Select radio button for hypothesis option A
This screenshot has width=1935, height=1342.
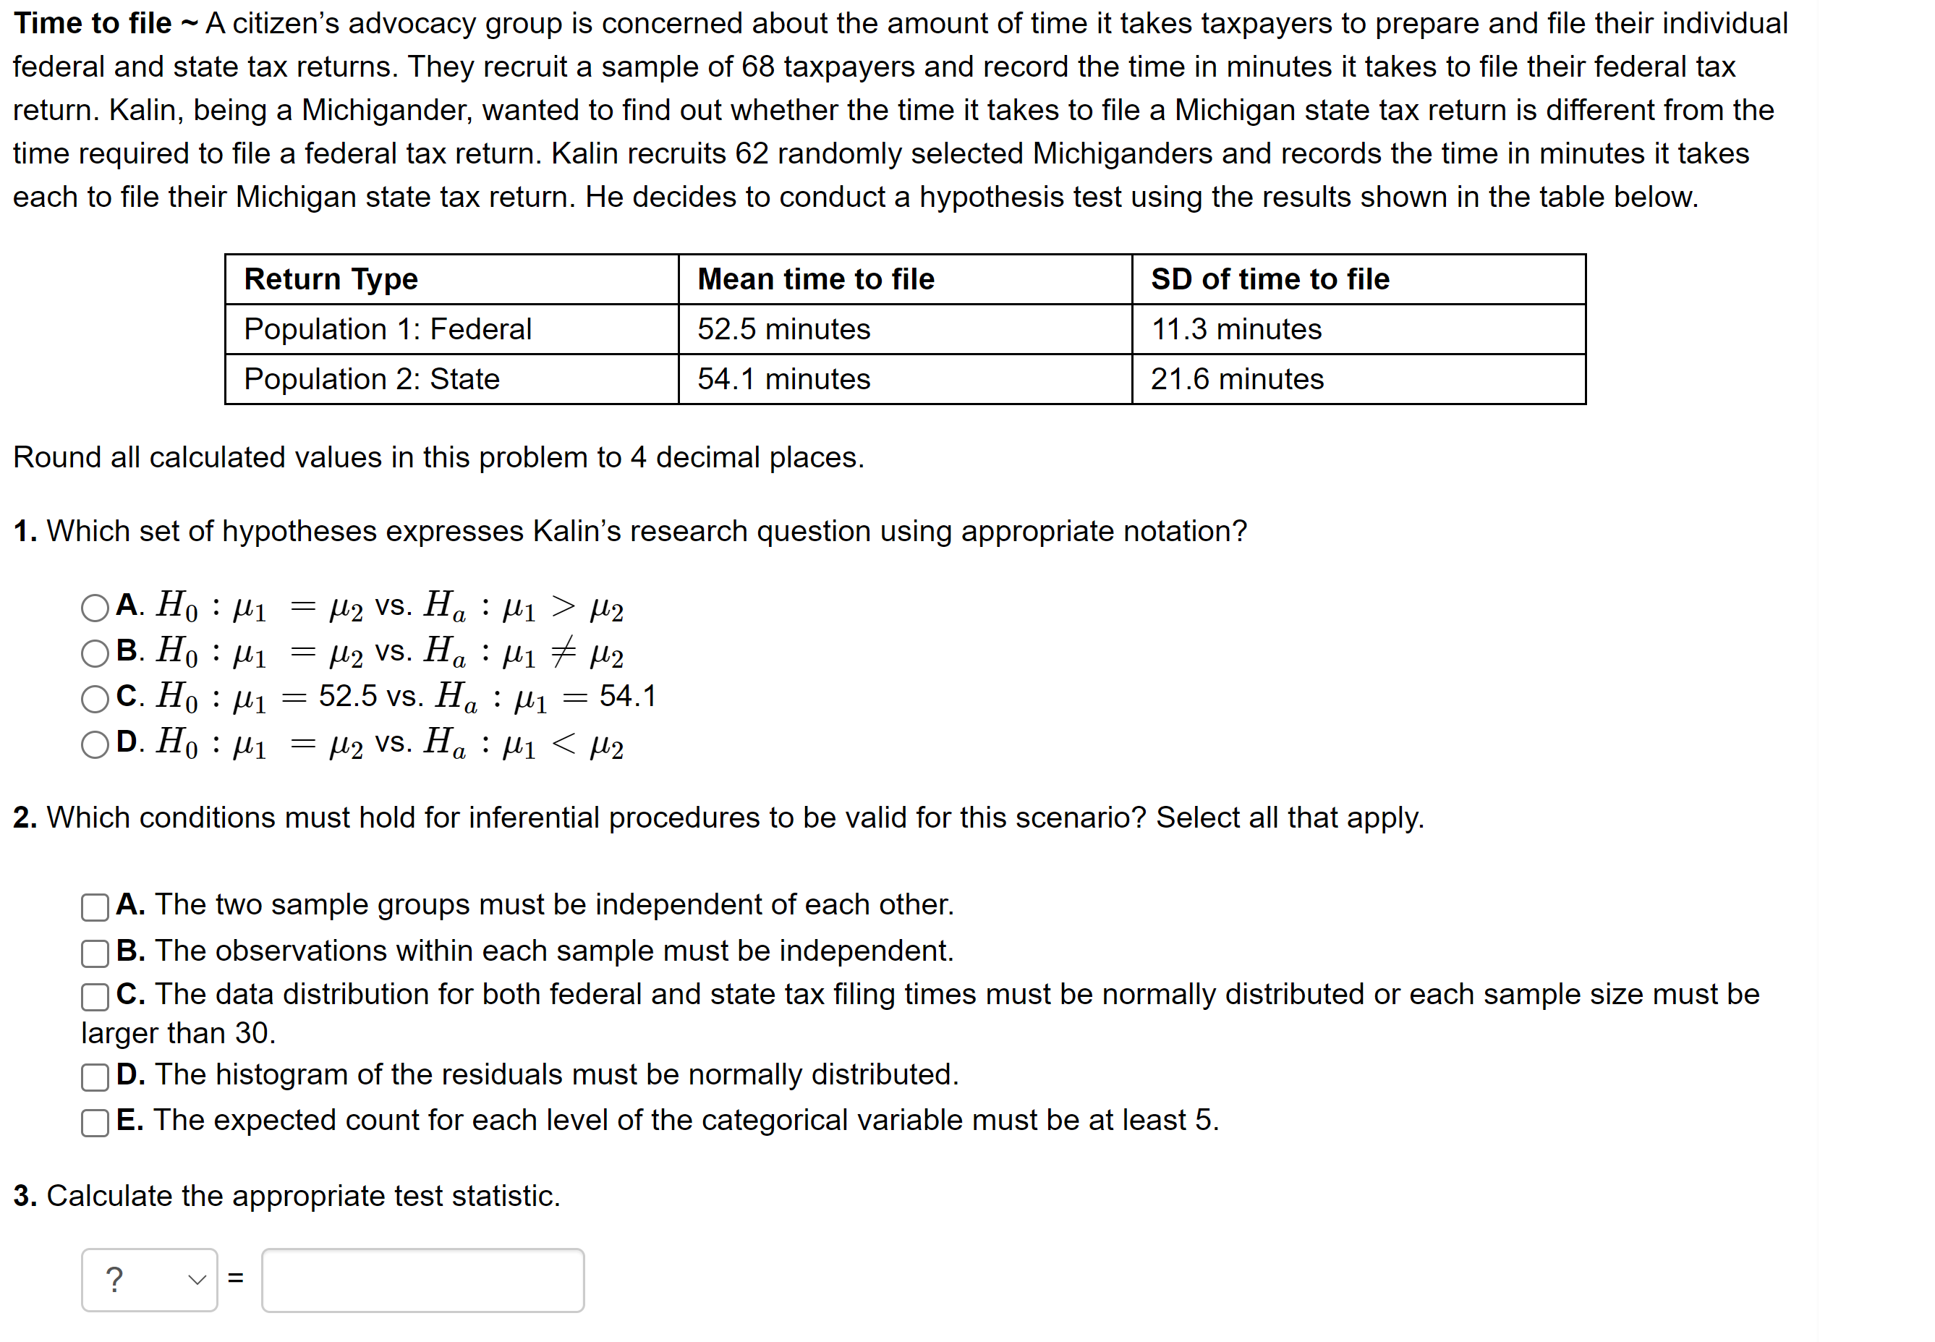click(x=95, y=608)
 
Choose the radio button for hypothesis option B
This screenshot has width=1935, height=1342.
click(x=95, y=653)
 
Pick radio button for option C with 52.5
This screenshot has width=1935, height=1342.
click(x=95, y=699)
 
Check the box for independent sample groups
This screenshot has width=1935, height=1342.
click(x=95, y=907)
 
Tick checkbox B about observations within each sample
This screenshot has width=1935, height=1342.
click(x=95, y=954)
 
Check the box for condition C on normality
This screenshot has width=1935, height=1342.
click(x=95, y=997)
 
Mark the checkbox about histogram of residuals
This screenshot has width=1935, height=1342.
click(x=95, y=1077)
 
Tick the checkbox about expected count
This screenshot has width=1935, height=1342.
click(x=95, y=1123)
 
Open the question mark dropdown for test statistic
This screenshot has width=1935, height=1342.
click(x=150, y=1280)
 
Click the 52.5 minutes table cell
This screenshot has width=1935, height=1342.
click(x=783, y=328)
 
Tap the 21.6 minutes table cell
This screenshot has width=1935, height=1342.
click(x=1236, y=379)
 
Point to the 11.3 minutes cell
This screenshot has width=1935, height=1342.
click(x=1236, y=328)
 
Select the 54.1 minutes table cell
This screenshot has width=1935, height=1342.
click(x=783, y=379)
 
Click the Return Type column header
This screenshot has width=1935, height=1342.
click(x=331, y=279)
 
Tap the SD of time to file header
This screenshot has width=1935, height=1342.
click(x=1270, y=279)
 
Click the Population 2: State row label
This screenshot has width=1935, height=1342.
click(x=372, y=379)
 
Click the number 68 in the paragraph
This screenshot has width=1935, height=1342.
click(x=757, y=67)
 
